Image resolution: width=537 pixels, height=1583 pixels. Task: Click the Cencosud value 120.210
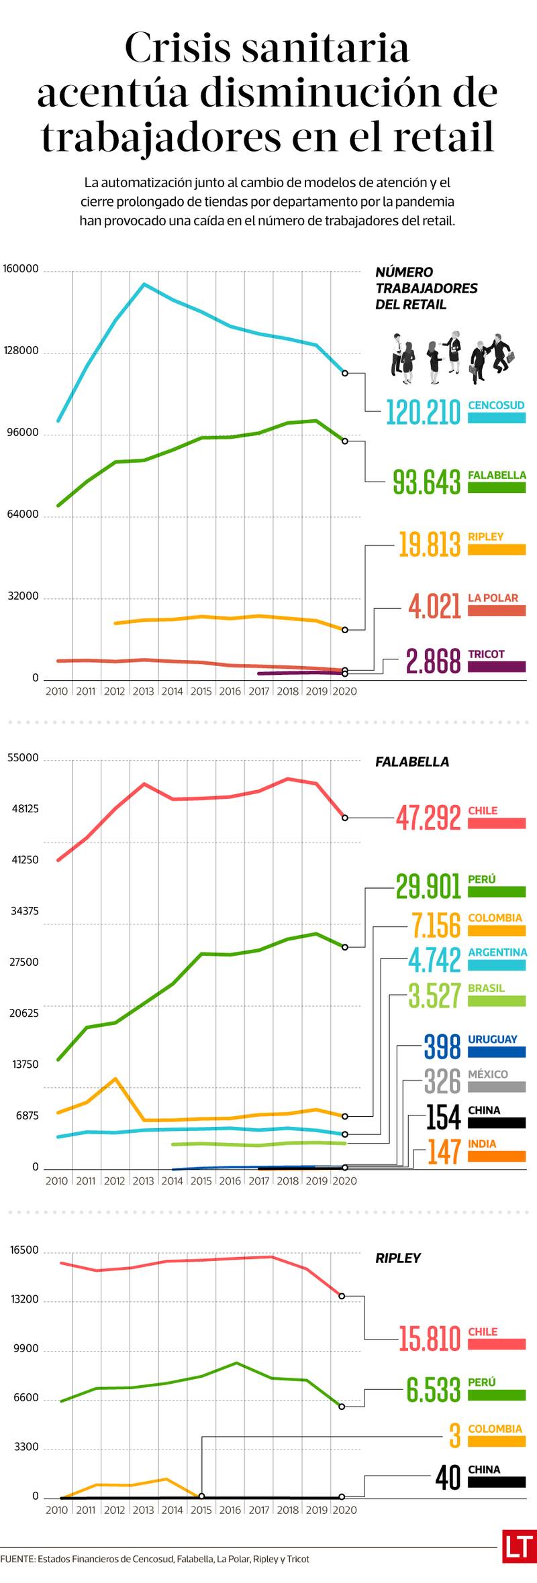point(423,412)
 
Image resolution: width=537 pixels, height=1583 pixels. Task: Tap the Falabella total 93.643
point(427,482)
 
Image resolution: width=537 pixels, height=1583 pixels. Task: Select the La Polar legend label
point(493,598)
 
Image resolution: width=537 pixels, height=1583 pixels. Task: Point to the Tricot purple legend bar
point(496,667)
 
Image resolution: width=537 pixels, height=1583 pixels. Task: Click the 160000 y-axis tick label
point(21,269)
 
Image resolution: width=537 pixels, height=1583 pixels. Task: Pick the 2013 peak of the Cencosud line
point(144,284)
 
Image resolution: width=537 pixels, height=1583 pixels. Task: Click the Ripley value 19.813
point(430,544)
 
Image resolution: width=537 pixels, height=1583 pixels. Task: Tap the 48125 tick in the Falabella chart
point(24,808)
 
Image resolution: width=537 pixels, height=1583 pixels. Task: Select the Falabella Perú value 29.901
point(428,886)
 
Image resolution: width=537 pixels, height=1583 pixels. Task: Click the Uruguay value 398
point(442,1046)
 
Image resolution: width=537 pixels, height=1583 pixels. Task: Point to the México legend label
point(488,1074)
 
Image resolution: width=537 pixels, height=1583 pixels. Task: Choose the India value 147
point(444,1152)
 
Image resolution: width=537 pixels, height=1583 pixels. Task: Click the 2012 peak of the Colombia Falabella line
point(115,1079)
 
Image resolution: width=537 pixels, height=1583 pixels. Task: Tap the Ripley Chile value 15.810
point(430,1339)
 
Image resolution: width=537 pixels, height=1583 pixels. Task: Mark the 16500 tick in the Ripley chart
point(25,1250)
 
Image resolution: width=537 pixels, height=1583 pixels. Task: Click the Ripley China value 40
point(448,1477)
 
